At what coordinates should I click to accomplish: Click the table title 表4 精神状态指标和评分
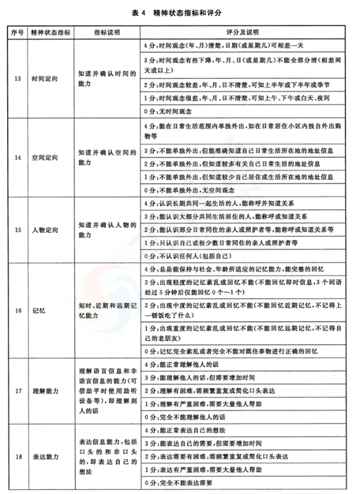click(x=180, y=12)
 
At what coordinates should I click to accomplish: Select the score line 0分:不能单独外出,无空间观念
click(x=192, y=189)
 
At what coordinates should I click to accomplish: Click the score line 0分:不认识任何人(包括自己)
click(x=191, y=255)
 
